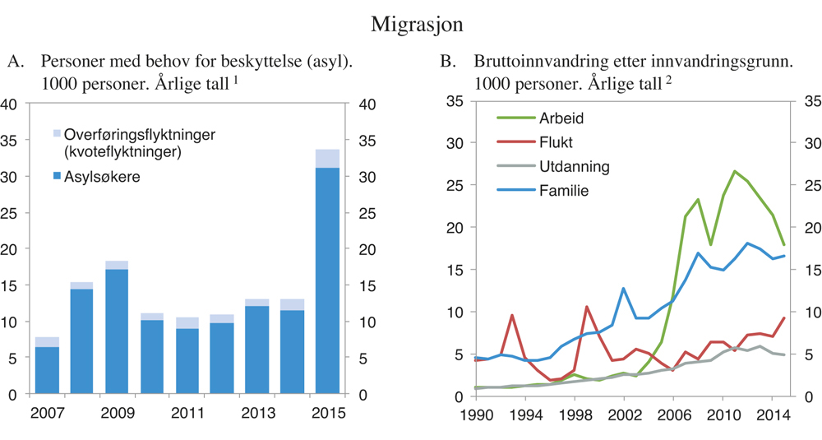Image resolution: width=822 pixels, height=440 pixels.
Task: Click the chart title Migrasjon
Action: pos(417,23)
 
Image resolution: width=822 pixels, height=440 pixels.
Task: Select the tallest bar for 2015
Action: pos(328,280)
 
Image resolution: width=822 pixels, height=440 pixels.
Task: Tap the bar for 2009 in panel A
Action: pos(117,329)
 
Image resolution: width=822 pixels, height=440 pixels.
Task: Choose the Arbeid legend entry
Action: pos(561,118)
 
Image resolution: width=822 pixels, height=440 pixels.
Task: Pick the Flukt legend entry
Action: pos(556,142)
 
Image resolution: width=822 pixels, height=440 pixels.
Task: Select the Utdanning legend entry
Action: pos(574,166)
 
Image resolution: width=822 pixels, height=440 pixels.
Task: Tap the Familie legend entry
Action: pos(564,191)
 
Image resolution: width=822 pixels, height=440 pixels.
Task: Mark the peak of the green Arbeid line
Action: pos(734,171)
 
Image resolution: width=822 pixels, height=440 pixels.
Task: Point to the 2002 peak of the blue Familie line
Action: pos(624,289)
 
